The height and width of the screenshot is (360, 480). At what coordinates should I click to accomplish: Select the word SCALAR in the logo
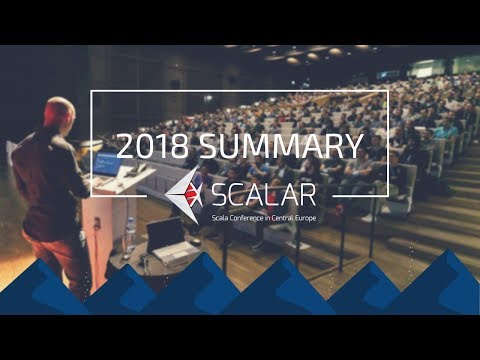point(265,190)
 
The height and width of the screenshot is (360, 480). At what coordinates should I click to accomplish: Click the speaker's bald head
point(59,113)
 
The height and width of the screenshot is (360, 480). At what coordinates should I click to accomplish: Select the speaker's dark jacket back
point(50,175)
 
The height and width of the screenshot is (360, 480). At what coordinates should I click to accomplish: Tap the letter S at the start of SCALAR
point(217,190)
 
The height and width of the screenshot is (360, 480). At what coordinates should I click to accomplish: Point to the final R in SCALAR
point(312,190)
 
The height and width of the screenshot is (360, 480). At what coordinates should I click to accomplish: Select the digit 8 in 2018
point(181,147)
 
